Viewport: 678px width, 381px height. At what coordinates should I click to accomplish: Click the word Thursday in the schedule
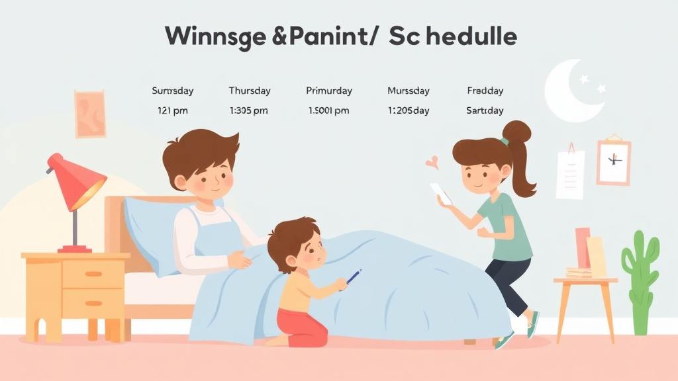tap(250, 91)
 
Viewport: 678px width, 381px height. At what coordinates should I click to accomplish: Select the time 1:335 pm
tap(248, 110)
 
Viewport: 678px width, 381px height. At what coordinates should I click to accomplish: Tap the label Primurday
tap(329, 91)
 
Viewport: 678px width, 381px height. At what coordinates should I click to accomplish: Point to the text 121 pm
tap(172, 110)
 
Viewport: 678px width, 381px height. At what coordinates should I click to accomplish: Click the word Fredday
tap(485, 91)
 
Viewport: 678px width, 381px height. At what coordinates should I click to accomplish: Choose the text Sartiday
tap(485, 110)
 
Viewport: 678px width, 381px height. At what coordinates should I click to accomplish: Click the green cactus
tap(640, 278)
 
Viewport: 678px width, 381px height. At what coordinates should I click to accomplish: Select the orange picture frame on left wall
tap(90, 114)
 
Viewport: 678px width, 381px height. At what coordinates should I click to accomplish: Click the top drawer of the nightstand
tap(93, 273)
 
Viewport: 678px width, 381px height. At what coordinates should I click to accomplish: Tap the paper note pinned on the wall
tap(570, 173)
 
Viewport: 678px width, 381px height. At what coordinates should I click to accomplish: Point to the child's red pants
tap(302, 327)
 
